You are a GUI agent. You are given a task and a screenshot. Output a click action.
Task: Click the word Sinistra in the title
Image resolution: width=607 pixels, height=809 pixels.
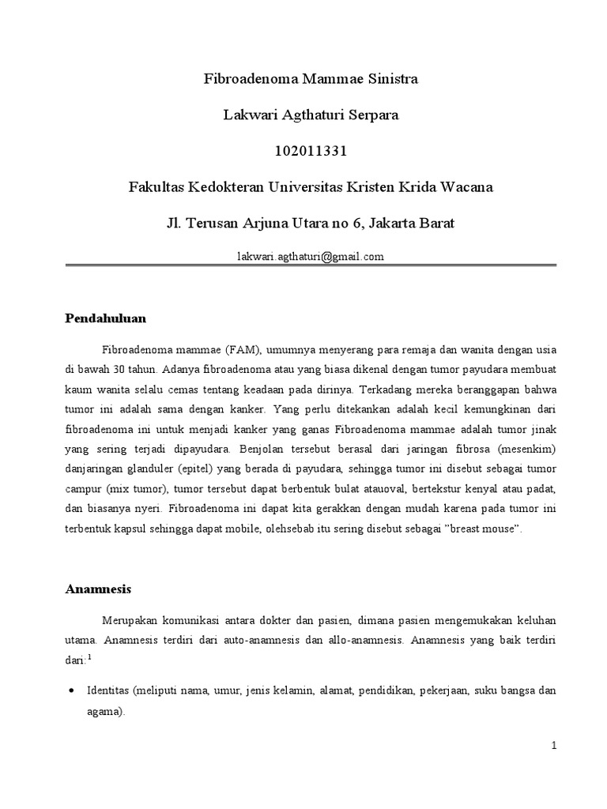click(389, 79)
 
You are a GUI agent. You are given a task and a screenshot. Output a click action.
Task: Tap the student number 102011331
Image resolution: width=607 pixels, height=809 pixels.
click(310, 150)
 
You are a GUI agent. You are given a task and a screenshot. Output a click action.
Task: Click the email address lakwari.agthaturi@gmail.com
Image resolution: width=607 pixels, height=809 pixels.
click(310, 256)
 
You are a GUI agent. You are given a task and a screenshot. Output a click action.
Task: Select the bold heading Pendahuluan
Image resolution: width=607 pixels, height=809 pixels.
click(105, 318)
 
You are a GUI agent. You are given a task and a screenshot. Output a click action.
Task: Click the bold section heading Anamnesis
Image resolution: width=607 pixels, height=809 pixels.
click(98, 589)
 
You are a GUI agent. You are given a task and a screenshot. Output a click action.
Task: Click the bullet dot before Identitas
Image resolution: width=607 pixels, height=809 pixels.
click(72, 690)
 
